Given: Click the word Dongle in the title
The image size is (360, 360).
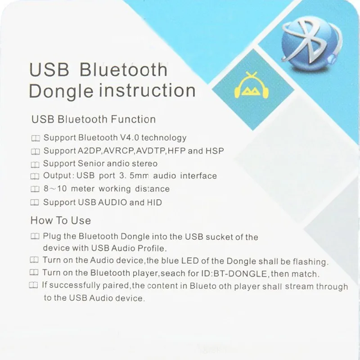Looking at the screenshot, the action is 61,91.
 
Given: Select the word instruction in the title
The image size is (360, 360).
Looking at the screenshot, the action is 147,90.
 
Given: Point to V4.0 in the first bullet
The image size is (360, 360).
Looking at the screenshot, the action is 130,138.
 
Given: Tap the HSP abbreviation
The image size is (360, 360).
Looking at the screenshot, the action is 215,151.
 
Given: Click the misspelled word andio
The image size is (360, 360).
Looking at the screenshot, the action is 118,163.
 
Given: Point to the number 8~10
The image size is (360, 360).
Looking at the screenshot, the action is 55,189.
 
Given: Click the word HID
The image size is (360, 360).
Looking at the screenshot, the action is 154,202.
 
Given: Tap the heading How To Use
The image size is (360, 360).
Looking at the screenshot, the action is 61,220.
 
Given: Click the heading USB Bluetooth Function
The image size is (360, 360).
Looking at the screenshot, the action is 94,119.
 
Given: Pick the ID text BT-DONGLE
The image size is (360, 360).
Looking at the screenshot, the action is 240,274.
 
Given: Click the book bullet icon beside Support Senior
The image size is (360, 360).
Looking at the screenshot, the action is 35,165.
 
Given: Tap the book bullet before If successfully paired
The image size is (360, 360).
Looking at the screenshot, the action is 33,285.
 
